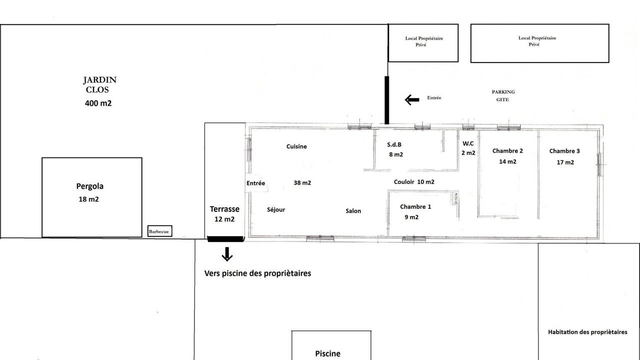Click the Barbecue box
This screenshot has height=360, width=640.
pyautogui.click(x=159, y=231)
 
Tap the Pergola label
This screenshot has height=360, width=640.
pyautogui.click(x=89, y=186)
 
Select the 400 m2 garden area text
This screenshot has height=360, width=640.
pyautogui.click(x=98, y=103)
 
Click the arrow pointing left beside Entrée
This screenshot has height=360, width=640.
pyautogui.click(x=412, y=99)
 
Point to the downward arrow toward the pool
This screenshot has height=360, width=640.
pyautogui.click(x=227, y=254)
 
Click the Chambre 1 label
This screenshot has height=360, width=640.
pyautogui.click(x=415, y=206)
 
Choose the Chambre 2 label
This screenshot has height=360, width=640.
pyautogui.click(x=507, y=151)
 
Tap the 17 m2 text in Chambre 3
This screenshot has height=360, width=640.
pyautogui.click(x=565, y=162)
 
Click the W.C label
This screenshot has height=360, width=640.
pyautogui.click(x=468, y=143)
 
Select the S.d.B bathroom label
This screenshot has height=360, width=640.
pyautogui.click(x=394, y=145)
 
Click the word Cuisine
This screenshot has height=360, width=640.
pyautogui.click(x=296, y=146)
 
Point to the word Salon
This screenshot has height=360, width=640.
pyautogui.click(x=353, y=211)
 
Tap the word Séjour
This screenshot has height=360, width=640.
pyautogui.click(x=276, y=209)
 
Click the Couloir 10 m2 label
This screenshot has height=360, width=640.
pyautogui.click(x=414, y=182)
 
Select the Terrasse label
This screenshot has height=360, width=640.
pyautogui.click(x=224, y=209)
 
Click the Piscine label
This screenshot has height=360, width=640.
pyautogui.click(x=327, y=353)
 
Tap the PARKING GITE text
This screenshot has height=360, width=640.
pyautogui.click(x=503, y=95)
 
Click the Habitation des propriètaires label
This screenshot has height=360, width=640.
pyautogui.click(x=587, y=332)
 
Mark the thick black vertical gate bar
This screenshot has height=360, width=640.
pyautogui.click(x=387, y=100)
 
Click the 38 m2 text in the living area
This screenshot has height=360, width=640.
pyautogui.click(x=302, y=183)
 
